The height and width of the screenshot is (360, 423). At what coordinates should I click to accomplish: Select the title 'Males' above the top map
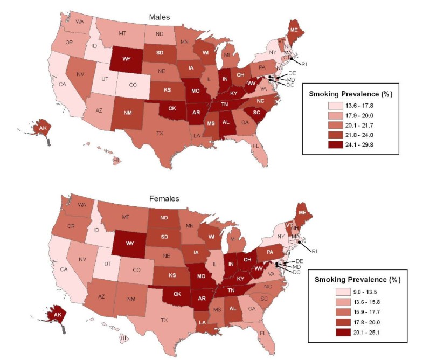160,17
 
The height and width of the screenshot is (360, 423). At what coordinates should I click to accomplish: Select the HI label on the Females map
123,338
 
